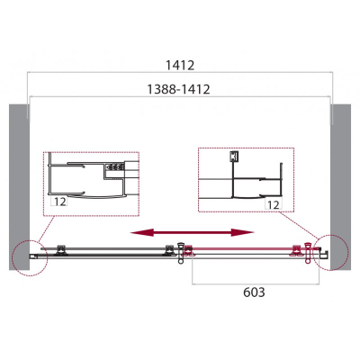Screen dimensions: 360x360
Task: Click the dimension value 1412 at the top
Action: click(180, 65)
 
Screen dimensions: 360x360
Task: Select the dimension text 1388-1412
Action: click(178, 89)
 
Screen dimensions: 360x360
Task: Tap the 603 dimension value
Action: click(254, 292)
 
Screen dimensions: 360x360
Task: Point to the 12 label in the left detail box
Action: click(60, 202)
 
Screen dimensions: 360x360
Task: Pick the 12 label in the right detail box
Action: click(273, 204)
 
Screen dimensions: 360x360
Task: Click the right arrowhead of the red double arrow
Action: click(242, 232)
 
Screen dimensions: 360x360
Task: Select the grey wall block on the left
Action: click(19, 187)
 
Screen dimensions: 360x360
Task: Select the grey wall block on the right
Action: click(340, 187)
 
